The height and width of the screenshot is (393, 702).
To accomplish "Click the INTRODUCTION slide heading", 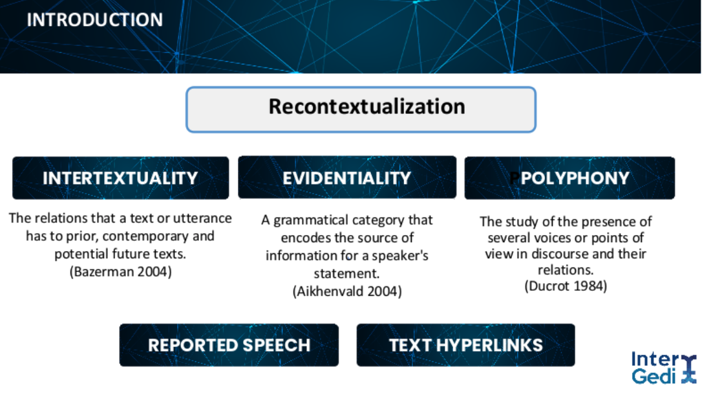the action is (x=94, y=19).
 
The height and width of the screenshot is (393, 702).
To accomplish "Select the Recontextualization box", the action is (x=361, y=109).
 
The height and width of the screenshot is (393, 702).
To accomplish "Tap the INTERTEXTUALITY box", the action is (x=120, y=178).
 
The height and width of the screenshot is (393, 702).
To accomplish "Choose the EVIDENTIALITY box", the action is (x=347, y=177).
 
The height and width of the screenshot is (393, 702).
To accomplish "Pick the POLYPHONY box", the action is (x=569, y=178).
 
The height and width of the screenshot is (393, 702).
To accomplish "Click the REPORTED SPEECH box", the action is (x=229, y=345).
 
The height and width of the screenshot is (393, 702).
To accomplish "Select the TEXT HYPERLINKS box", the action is (x=465, y=345).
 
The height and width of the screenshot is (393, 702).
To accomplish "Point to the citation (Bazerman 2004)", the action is (x=120, y=272).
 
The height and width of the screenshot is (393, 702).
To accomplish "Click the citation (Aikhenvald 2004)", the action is (x=347, y=291).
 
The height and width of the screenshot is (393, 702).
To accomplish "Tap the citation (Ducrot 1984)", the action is (x=566, y=286).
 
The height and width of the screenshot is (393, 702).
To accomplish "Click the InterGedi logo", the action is (x=663, y=368).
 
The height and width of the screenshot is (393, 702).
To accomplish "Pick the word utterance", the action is (x=202, y=218).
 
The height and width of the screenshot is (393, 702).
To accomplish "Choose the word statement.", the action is (x=346, y=274).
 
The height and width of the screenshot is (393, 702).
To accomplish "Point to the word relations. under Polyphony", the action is (x=566, y=270).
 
